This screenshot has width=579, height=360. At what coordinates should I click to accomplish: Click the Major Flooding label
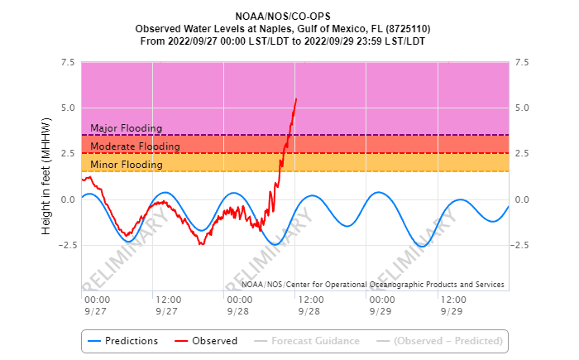click(126, 128)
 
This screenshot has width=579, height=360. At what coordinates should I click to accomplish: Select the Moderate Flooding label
click(135, 146)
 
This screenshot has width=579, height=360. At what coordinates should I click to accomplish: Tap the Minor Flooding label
click(126, 165)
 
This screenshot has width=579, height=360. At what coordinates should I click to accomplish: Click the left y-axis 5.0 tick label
click(68, 108)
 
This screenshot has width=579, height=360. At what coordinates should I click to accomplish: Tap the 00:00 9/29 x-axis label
click(381, 305)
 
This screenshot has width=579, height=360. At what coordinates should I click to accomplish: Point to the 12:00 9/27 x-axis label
click(167, 305)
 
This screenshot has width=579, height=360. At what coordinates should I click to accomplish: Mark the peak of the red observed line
click(296, 98)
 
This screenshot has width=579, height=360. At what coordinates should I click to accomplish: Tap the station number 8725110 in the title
click(408, 27)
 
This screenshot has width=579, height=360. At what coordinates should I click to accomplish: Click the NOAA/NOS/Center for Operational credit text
click(364, 285)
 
